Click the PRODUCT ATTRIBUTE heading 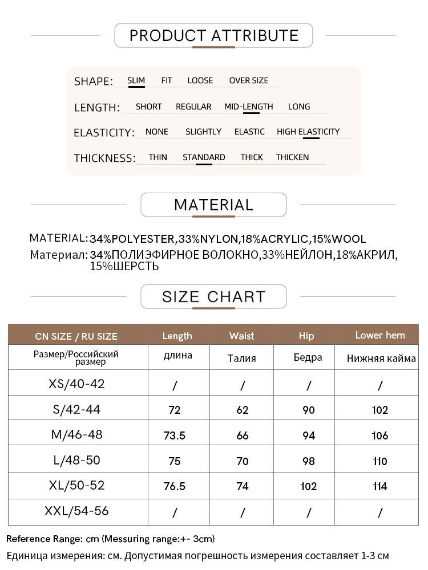click(213, 35)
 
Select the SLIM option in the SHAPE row click(136, 80)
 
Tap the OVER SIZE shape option click(248, 80)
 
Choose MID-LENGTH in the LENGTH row click(248, 107)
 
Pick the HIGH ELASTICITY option click(308, 132)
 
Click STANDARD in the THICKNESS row click(204, 157)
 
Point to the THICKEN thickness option click(292, 157)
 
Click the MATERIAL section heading click(213, 205)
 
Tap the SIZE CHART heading click(213, 297)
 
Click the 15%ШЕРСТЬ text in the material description click(124, 266)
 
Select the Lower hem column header click(380, 335)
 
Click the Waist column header click(241, 336)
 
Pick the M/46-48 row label click(77, 434)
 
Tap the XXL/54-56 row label click(76, 511)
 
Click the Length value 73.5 click(175, 435)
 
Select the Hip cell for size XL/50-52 click(308, 486)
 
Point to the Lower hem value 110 click(380, 461)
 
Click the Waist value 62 click(243, 410)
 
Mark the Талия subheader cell click(241, 358)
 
